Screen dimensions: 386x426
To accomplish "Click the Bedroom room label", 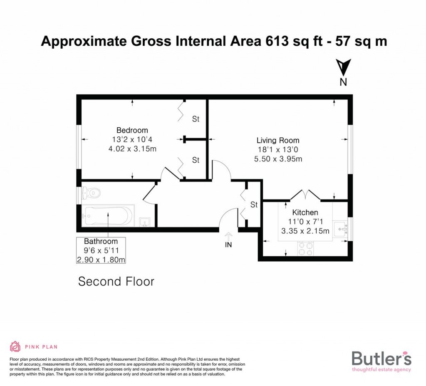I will click(x=132, y=130).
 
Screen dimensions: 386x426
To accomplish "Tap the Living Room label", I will click(x=277, y=141).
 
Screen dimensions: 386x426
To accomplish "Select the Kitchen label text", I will click(x=305, y=213).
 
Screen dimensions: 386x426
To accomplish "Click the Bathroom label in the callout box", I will click(x=101, y=241).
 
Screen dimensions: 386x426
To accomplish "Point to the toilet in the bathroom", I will click(x=92, y=193).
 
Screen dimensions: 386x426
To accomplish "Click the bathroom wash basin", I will click(x=145, y=222).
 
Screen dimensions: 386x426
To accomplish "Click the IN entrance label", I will click(x=228, y=245).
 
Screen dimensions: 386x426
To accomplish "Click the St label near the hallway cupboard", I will click(x=254, y=205).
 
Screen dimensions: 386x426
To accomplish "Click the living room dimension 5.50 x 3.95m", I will click(x=278, y=158).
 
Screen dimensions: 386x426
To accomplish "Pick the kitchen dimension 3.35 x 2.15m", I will click(x=305, y=231).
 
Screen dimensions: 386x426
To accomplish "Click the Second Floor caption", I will click(x=116, y=282).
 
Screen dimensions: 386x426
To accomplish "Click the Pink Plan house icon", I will click(x=15, y=346).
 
